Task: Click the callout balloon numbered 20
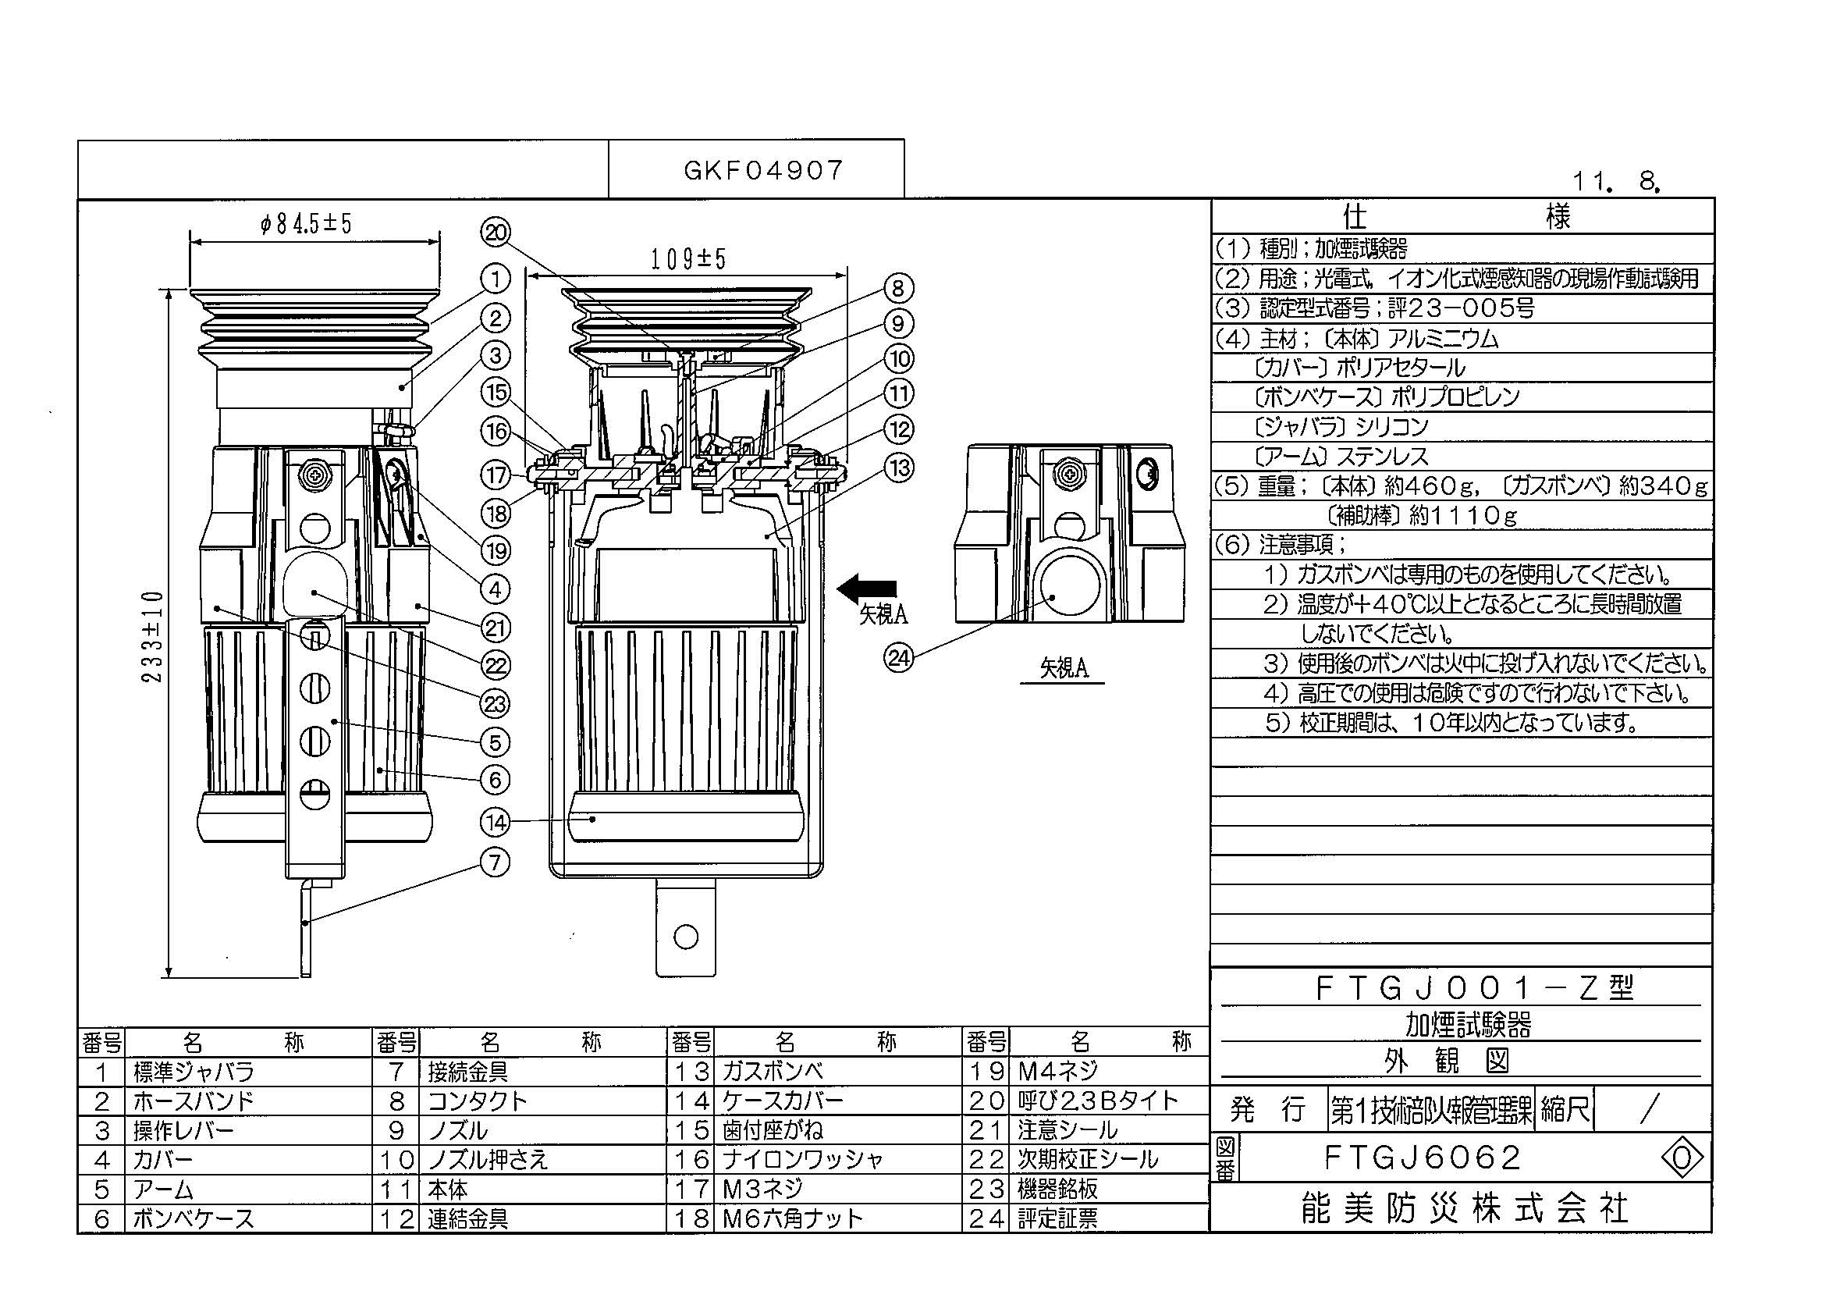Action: point(496,233)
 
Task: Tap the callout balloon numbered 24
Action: point(901,658)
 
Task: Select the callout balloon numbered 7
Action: point(496,862)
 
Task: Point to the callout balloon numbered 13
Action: point(899,467)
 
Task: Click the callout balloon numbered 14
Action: point(496,822)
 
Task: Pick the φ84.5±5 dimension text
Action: point(306,223)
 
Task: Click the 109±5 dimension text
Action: point(688,259)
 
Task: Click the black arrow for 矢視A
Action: point(867,589)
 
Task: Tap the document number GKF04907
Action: point(763,170)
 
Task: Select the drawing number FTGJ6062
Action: point(1422,1158)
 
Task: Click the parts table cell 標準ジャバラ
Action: point(194,1072)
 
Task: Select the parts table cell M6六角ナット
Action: point(792,1218)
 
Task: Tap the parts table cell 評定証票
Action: point(1057,1218)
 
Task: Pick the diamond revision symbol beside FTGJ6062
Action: point(1682,1159)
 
